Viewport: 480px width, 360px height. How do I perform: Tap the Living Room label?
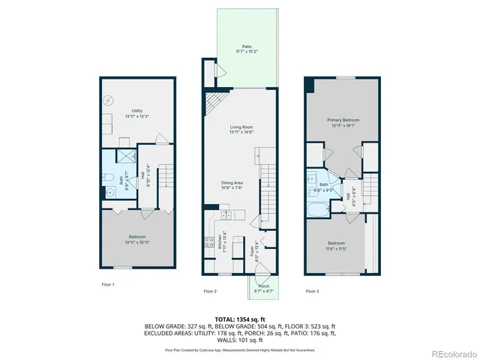point(241,130)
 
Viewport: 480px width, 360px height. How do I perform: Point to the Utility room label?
point(137,112)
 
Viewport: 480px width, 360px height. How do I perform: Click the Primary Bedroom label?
point(342,122)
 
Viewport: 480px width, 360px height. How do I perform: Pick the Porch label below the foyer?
point(263,288)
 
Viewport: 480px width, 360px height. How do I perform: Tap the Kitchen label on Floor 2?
point(220,244)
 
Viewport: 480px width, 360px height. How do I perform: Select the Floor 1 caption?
point(108,284)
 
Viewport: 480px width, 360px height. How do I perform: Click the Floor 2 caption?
point(210,291)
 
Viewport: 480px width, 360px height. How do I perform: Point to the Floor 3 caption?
point(312,291)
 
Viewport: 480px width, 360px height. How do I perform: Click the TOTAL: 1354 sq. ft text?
point(240,319)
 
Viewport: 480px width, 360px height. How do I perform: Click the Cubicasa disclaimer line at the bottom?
point(240,349)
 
